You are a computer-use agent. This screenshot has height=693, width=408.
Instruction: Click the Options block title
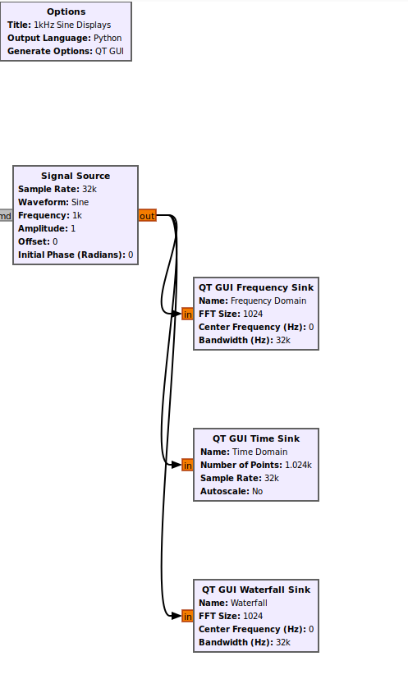[66, 11]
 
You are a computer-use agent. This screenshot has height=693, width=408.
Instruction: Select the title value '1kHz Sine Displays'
[73, 25]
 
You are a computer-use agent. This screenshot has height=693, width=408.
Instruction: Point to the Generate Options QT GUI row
[66, 51]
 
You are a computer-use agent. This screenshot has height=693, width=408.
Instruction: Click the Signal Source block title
[76, 176]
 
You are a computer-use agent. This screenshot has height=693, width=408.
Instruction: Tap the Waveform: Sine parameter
[53, 202]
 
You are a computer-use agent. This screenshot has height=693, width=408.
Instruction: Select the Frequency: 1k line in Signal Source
[50, 215]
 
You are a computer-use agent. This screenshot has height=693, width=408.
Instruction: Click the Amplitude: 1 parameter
[47, 228]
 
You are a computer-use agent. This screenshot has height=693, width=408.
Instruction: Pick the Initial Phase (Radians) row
[76, 255]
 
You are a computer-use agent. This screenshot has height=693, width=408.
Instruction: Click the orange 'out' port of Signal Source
[147, 216]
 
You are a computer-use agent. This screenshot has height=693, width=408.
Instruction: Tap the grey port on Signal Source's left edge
[6, 216]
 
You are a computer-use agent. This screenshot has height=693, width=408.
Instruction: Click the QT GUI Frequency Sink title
[256, 287]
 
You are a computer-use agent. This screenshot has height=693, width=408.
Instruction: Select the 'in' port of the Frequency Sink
[187, 314]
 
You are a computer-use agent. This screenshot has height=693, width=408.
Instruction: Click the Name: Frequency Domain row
[252, 301]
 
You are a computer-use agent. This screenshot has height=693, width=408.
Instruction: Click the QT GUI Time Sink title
[256, 438]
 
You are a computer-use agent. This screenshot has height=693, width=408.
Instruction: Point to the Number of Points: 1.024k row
[256, 465]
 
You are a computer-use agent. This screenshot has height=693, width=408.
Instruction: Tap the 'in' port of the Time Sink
[187, 465]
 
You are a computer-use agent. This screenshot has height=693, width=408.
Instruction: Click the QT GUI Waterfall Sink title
[256, 590]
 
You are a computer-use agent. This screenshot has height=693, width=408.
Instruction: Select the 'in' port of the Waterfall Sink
[187, 616]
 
